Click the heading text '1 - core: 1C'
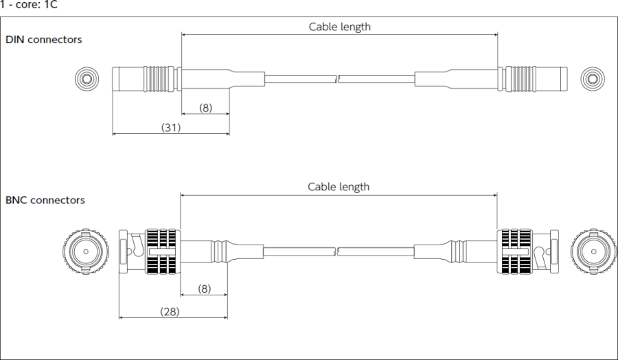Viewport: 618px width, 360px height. [29, 5]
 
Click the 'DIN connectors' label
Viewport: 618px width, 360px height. [44, 40]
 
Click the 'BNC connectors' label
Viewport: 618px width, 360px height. [45, 201]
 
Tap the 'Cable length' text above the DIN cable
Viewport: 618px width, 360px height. [339, 27]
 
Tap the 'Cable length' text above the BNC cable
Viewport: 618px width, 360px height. [338, 187]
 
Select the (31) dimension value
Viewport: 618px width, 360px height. [170, 127]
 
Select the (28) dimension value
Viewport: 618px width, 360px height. [170, 311]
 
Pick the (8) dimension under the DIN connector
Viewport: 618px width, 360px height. [205, 108]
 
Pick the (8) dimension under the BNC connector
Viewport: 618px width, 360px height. [204, 289]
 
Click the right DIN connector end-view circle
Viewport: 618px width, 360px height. [592, 79]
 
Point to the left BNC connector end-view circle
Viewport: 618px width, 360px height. [85, 251]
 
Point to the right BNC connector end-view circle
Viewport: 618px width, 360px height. [593, 251]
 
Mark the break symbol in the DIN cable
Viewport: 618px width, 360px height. [339, 79]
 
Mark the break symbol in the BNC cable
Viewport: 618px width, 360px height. [339, 251]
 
